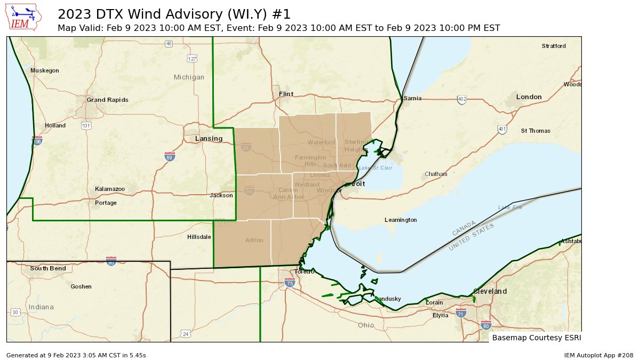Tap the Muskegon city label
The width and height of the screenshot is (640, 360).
tap(45, 71)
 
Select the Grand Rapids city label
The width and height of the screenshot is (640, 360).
tap(107, 100)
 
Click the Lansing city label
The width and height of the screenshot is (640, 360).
tap(209, 139)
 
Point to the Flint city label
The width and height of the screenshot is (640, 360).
tap(286, 94)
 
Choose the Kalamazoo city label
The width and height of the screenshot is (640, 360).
tap(110, 189)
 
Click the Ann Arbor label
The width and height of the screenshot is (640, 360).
tap(289, 197)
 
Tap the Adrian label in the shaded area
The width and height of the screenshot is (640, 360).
tap(254, 240)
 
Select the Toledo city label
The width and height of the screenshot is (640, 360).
tap(305, 271)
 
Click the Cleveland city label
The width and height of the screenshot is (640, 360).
tap(490, 292)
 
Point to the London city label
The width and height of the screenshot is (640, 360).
tap(529, 97)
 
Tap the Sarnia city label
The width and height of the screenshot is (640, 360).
tap(412, 99)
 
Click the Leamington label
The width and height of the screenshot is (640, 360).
tap(401, 220)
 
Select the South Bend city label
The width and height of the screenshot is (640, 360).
tap(48, 268)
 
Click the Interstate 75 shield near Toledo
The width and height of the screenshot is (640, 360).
tap(290, 283)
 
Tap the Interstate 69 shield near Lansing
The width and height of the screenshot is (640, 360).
tap(169, 156)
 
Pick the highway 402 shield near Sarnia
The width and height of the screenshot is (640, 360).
tap(462, 100)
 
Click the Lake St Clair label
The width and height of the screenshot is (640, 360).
tap(375, 168)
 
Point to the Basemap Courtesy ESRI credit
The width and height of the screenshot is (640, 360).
tap(536, 338)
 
